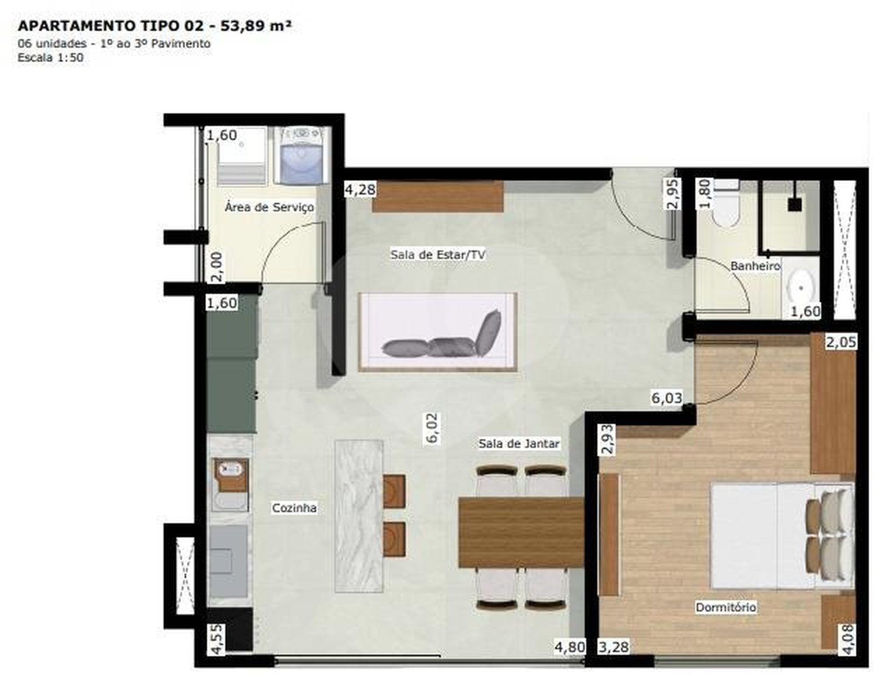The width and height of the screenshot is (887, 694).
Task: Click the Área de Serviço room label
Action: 269,207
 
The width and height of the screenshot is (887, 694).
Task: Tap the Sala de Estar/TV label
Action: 438,255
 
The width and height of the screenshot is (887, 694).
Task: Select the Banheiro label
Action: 755,266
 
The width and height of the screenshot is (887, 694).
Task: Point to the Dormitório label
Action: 726,607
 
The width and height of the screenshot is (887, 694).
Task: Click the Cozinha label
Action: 294,508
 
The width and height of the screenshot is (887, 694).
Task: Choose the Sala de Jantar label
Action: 519,443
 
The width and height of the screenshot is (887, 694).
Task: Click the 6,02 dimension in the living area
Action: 433,428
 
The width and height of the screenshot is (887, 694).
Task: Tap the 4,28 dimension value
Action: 360,190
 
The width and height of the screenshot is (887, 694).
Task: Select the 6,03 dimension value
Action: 666,397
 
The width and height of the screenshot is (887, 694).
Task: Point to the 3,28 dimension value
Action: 614,647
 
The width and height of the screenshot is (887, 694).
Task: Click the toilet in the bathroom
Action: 725,204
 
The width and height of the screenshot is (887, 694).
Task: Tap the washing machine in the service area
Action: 301,155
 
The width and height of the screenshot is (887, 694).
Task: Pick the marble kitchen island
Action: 359,516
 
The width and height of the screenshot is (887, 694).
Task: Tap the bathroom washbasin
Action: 801,288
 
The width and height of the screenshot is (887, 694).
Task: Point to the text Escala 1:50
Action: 50,57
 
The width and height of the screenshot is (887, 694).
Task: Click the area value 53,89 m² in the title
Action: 256,26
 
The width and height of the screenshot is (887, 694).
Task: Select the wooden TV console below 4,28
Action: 437,196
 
